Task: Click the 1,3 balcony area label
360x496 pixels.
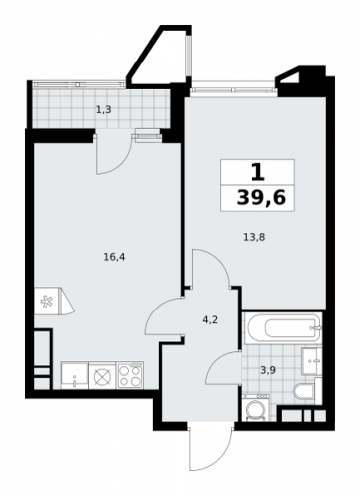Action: [103, 110]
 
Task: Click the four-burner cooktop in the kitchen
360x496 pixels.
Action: [131, 374]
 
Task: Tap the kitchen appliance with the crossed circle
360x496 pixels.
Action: [101, 374]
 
